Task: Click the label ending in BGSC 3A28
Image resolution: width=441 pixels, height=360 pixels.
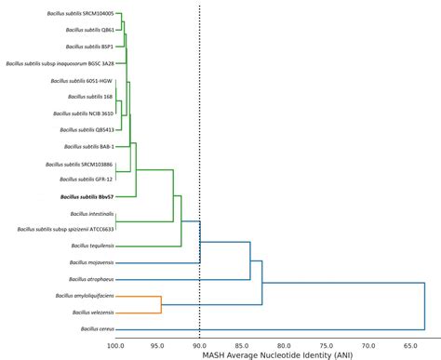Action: coord(60,64)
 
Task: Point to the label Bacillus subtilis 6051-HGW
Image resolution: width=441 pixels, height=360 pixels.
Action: coord(83,81)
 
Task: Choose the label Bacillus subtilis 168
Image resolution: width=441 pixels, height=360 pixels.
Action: coord(90,97)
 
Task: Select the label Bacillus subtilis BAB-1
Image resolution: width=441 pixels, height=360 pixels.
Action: coord(88,147)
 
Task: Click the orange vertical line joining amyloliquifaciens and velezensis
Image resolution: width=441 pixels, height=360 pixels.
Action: coord(162,304)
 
